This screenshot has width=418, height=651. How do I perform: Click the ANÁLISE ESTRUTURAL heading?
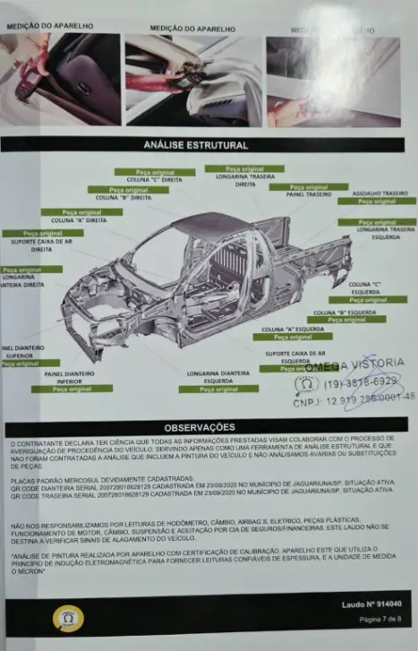tap(208, 144)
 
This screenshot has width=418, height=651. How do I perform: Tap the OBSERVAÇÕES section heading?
tap(208, 427)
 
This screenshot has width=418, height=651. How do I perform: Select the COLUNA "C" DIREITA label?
tap(154, 179)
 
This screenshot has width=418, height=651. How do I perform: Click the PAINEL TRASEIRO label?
tap(309, 194)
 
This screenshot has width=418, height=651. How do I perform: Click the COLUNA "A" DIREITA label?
tap(76, 219)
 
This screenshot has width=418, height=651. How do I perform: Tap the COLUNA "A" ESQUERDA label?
tap(292, 329)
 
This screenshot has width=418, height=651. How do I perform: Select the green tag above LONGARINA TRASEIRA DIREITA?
tap(243, 168)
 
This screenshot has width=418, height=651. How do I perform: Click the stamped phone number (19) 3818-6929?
tap(360, 381)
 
